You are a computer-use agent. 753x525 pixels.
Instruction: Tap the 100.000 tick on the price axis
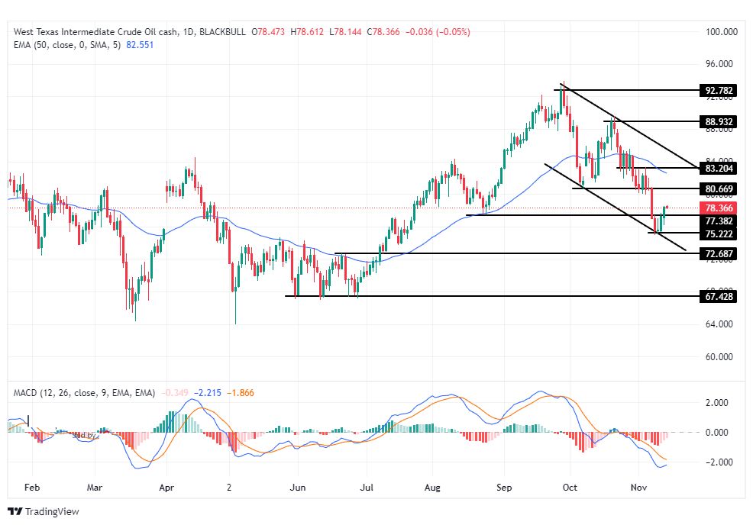(x=719, y=32)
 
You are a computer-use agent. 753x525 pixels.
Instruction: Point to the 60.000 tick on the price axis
(x=719, y=357)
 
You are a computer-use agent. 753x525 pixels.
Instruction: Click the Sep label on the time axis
(x=503, y=485)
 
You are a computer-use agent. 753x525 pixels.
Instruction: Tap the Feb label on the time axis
(x=32, y=485)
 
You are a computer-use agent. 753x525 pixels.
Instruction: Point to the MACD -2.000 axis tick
(x=717, y=462)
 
